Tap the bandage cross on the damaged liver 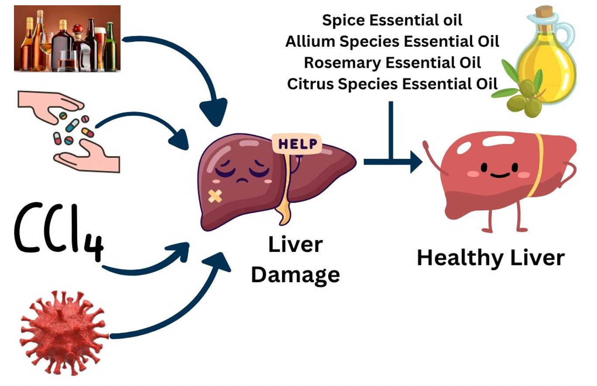point(214,196)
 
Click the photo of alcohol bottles point(67,38)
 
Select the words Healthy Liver point(491,258)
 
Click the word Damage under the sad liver point(295,275)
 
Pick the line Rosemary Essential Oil point(392,63)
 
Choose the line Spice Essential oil point(392,20)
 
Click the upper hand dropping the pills point(48,103)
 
